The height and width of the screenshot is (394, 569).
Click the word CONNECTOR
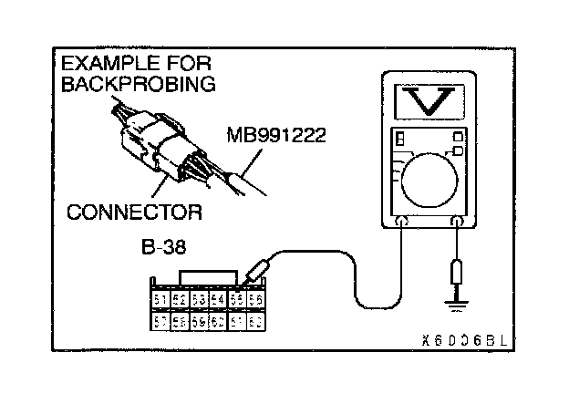pyautogui.click(x=134, y=213)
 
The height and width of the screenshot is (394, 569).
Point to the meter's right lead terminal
pyautogui.click(x=457, y=220)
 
